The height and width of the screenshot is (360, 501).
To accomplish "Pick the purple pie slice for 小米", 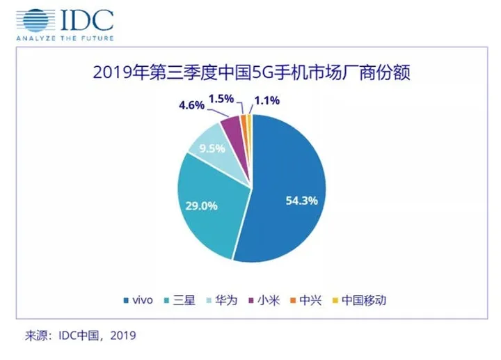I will click(232, 127).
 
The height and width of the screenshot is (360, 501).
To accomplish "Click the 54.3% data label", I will click(301, 201).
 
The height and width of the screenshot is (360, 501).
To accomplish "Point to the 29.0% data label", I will click(200, 207).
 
